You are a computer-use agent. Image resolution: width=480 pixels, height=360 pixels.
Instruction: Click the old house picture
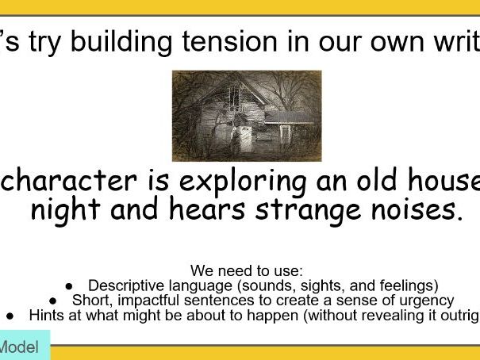point(247,116)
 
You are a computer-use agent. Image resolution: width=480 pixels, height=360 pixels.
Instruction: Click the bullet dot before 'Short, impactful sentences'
point(53,301)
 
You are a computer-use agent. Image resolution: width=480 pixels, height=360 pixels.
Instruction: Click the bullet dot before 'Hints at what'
point(10,316)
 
